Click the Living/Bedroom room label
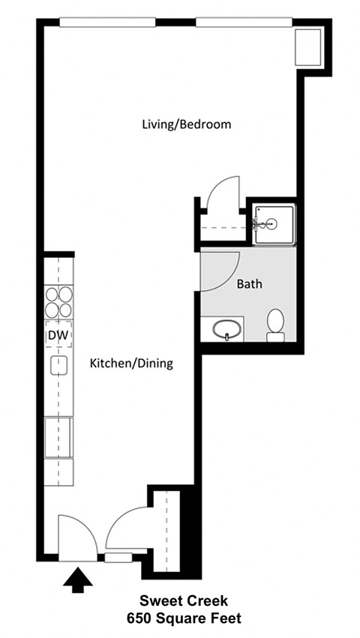coord(186,124)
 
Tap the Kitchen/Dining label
coord(131,364)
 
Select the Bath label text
coord(249,284)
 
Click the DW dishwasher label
coord(58,335)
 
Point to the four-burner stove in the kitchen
coord(58,301)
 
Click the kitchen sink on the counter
coord(58,366)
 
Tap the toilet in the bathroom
coord(276,324)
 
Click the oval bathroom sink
coord(227,328)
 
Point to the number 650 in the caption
coord(138,619)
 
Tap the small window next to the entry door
coord(116,557)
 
